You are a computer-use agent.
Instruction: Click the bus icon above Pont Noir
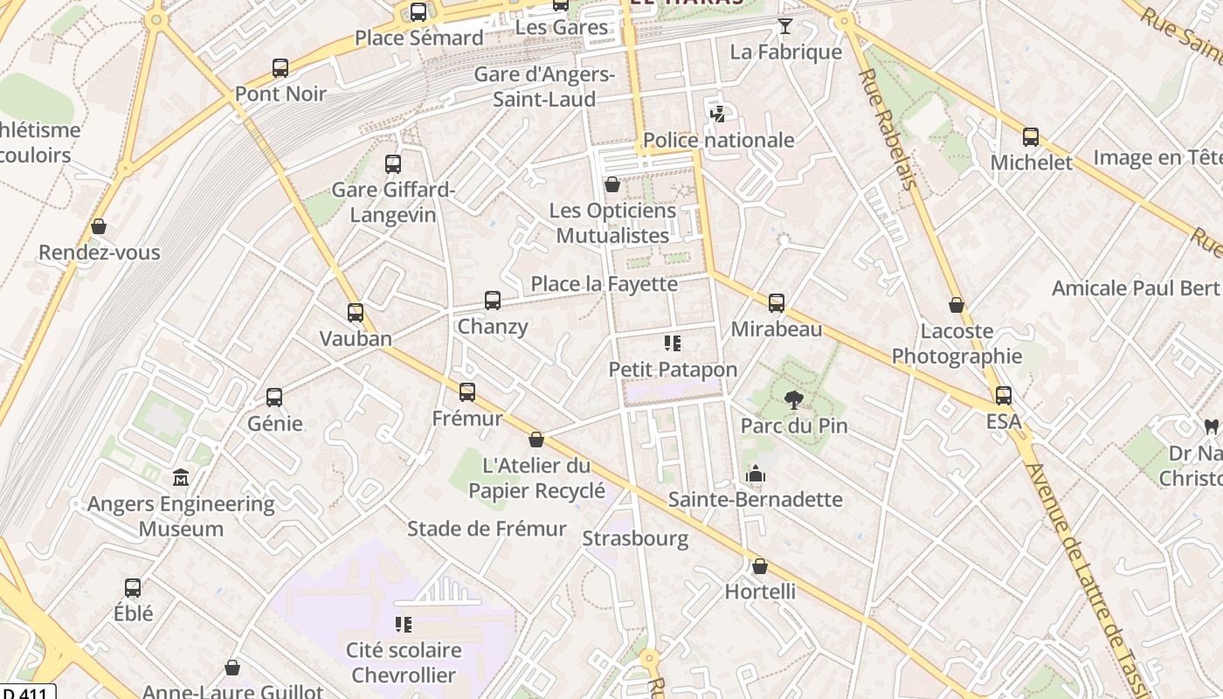point(280,67)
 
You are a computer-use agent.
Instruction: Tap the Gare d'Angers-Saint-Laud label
point(544,87)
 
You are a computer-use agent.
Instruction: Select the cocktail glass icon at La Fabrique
point(784,26)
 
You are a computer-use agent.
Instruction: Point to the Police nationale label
point(718,140)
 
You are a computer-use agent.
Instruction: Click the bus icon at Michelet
point(1031,136)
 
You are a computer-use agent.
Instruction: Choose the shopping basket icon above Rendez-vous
point(99,226)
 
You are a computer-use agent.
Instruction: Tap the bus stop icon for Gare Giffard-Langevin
point(393,163)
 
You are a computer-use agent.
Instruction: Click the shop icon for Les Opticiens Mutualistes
point(612,184)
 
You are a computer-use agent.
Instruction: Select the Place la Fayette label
point(604,284)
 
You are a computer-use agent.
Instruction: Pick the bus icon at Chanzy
point(493,301)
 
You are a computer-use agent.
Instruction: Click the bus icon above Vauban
point(355,312)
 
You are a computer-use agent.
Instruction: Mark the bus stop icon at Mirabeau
point(777,303)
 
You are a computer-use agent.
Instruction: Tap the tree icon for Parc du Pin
point(793,400)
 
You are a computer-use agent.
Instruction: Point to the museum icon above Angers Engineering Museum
point(181,477)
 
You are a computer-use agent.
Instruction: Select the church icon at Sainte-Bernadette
point(756,474)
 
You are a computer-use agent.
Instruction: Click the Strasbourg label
point(635,538)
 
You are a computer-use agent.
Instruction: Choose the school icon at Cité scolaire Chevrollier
point(403,624)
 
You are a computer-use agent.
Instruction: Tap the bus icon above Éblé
point(133,587)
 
